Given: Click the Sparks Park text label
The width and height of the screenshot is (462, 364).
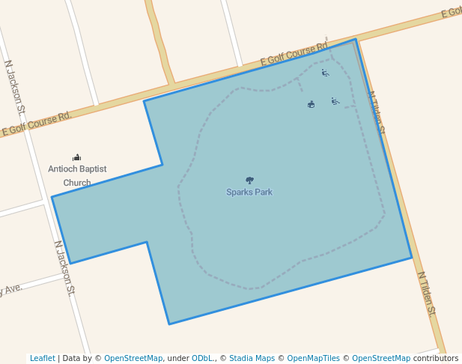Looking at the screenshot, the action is click(249, 192).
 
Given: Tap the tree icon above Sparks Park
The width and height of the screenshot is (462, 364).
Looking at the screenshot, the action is click(249, 181).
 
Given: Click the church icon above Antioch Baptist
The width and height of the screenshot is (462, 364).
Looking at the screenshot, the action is click(76, 157).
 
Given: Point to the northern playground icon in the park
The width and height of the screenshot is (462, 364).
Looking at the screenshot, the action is click(325, 73).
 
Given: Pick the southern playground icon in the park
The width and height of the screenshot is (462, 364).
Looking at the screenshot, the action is click(335, 101).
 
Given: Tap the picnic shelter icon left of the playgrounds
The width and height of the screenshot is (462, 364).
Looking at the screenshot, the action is click(311, 104).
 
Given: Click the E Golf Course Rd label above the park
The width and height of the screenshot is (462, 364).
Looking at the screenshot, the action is click(294, 53).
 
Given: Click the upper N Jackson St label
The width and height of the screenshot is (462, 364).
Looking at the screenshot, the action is click(15, 88).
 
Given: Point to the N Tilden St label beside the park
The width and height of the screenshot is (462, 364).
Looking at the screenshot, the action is click(376, 113).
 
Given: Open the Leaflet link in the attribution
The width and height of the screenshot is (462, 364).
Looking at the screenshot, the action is click(42, 358).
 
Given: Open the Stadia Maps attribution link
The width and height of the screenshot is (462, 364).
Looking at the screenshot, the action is click(252, 358).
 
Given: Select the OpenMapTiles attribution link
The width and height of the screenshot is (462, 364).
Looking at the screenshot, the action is click(313, 358).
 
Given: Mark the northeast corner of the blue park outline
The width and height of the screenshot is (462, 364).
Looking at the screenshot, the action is click(356, 39).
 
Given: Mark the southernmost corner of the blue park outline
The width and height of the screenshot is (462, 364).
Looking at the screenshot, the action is click(169, 324).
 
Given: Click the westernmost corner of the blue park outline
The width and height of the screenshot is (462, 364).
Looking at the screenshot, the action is click(52, 197).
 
